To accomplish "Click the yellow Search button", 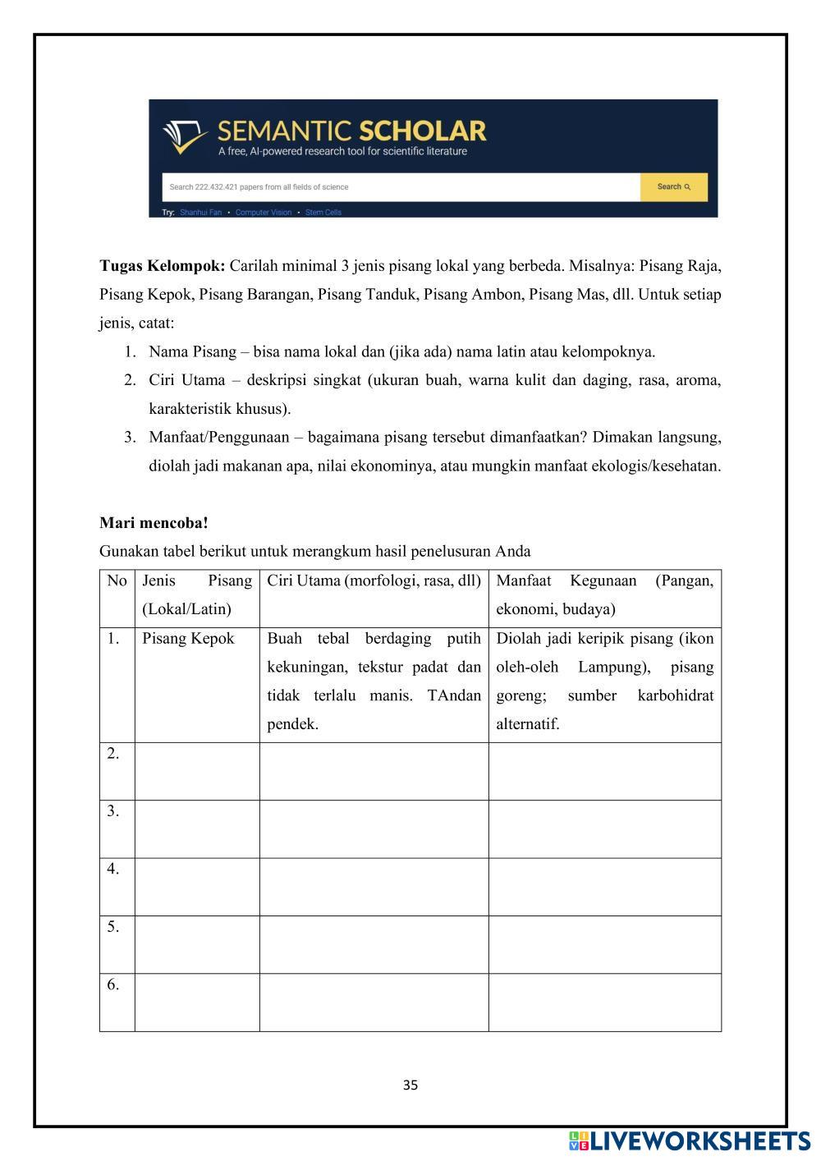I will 673,187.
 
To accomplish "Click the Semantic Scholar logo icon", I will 186,137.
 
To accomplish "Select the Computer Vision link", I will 263,213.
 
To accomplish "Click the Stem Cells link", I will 323,213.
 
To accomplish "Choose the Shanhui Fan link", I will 200,213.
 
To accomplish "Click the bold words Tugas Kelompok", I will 162,266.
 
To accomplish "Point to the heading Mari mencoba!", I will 154,523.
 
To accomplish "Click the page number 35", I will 410,1085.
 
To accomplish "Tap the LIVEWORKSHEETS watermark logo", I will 690,1141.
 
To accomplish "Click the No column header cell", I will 117,581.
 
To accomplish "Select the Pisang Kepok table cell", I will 188,639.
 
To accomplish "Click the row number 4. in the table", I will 113,869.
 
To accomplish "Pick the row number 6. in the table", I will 113,984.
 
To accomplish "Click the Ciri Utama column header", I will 374,581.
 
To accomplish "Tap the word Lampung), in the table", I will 617,668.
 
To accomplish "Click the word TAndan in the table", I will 454,696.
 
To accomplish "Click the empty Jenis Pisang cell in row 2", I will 197,772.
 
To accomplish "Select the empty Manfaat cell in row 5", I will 604,944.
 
